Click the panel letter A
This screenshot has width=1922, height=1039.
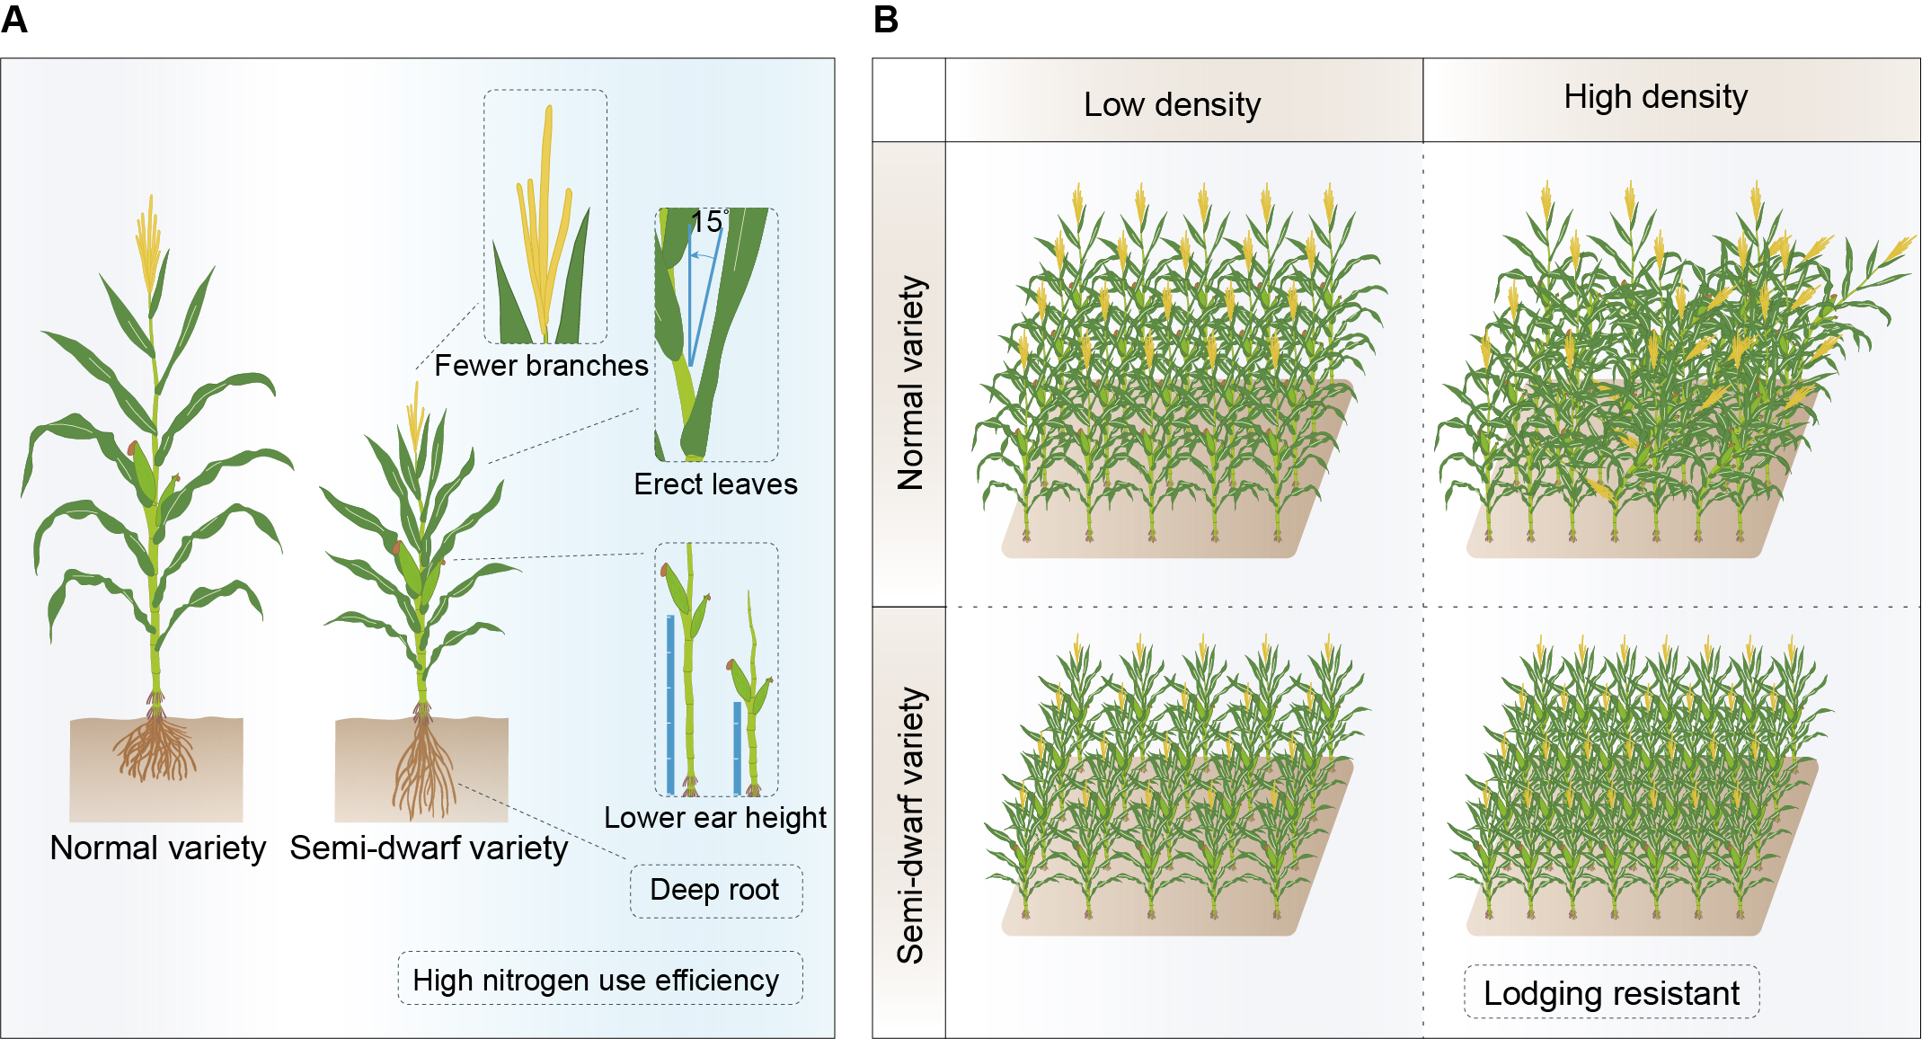pos(14,19)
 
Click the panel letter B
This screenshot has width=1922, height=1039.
pos(885,19)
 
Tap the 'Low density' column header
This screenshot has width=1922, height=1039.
pos(1172,105)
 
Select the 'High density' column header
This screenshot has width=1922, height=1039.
pos(1655,97)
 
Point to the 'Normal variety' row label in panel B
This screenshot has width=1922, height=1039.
pos(910,383)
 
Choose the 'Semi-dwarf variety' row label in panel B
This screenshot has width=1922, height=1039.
pos(910,825)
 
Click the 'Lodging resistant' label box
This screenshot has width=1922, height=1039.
pos(1611,993)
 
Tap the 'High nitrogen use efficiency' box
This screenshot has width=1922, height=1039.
pos(596,980)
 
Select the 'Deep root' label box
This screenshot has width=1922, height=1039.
pos(714,890)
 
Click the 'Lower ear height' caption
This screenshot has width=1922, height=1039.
pos(714,818)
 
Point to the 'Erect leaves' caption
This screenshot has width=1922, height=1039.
pos(715,484)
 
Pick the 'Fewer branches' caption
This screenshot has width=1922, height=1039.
pos(541,366)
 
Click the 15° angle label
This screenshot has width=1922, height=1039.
pos(708,222)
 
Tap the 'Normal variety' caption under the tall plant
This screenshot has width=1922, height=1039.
pos(158,848)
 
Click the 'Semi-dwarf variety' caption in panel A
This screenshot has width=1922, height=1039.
pos(429,848)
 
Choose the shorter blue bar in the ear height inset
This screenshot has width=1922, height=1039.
pos(738,747)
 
